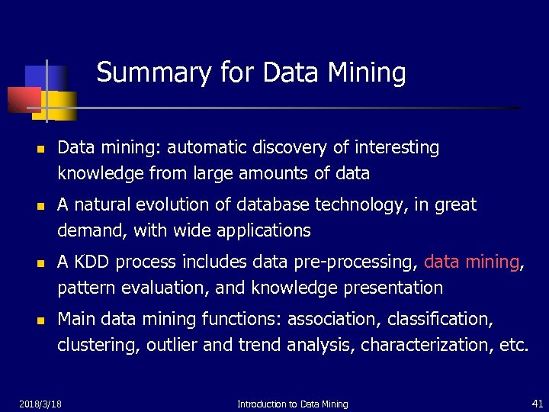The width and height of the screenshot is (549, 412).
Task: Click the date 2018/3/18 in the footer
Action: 40,403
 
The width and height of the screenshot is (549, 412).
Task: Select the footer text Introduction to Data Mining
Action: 292,404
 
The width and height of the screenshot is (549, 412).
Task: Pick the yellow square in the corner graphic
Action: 64,105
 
